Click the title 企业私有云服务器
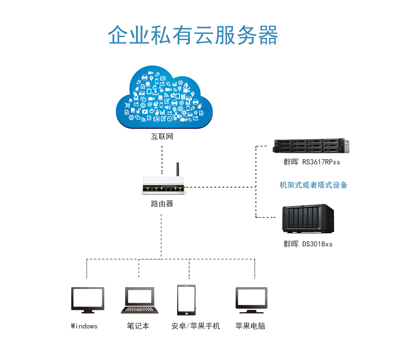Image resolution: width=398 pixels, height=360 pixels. [193, 36]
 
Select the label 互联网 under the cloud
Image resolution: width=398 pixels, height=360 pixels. [162, 137]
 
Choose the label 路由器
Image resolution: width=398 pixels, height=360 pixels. [162, 204]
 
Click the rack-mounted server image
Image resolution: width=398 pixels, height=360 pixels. [312, 146]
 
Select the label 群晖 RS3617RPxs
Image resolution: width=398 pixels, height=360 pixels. [312, 162]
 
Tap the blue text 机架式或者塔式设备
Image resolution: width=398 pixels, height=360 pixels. [313, 185]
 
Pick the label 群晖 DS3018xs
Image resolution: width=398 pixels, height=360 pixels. [308, 244]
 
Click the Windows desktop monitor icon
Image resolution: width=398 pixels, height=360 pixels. [88, 299]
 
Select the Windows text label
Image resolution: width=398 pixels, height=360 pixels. [84, 326]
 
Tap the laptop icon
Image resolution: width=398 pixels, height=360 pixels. [140, 300]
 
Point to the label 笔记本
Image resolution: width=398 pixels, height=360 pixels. [138, 326]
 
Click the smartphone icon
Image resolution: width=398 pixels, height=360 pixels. [186, 300]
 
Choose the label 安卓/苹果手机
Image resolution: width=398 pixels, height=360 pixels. [195, 326]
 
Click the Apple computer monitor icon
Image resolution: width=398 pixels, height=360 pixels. [251, 300]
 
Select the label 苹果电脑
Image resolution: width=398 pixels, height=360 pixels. [250, 326]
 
